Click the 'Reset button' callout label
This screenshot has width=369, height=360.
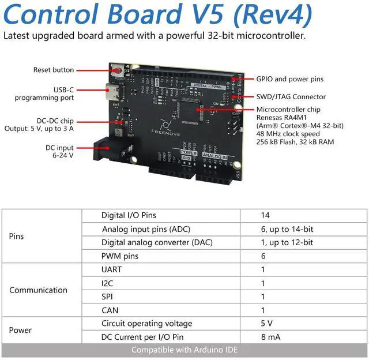point(54,70)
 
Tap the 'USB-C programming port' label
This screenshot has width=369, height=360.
point(61,93)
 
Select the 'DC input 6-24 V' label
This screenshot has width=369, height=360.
point(60,152)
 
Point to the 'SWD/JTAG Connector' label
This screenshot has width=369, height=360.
point(291,97)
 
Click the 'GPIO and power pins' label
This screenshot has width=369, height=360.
point(289,79)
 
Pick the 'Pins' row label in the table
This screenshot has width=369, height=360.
point(16,236)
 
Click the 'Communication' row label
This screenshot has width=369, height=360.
point(38,290)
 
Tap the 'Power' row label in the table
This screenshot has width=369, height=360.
point(20,330)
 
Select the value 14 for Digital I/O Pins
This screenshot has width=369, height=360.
point(265,215)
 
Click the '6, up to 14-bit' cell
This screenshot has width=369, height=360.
point(287,229)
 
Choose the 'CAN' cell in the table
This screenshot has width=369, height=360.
point(110,310)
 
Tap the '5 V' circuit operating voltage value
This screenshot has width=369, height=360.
point(266,324)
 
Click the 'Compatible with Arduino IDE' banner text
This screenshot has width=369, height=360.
point(184,350)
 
